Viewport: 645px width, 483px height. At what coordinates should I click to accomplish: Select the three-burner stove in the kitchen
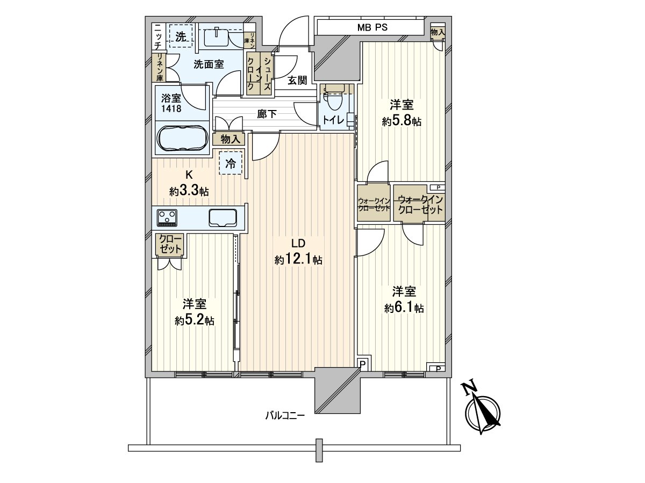coord(168,217)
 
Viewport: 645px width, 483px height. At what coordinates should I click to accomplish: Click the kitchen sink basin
coord(224,218)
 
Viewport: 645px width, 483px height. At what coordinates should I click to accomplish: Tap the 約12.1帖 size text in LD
coord(298,260)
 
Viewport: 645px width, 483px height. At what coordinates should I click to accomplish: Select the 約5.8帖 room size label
coord(402,121)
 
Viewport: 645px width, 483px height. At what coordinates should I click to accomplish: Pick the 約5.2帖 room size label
coord(195,320)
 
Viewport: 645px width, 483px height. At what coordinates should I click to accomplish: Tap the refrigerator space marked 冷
coord(230,164)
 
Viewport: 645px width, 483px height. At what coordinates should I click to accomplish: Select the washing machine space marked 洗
coord(181,36)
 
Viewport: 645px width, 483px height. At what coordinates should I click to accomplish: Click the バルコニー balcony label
coord(285,415)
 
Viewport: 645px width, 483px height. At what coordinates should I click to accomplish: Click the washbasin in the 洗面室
coord(219,36)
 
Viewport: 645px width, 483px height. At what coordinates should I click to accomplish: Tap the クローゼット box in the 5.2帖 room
coord(169,244)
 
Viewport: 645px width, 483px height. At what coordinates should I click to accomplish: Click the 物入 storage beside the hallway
coord(230,139)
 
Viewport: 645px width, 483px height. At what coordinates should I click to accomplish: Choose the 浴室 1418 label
coord(171,104)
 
